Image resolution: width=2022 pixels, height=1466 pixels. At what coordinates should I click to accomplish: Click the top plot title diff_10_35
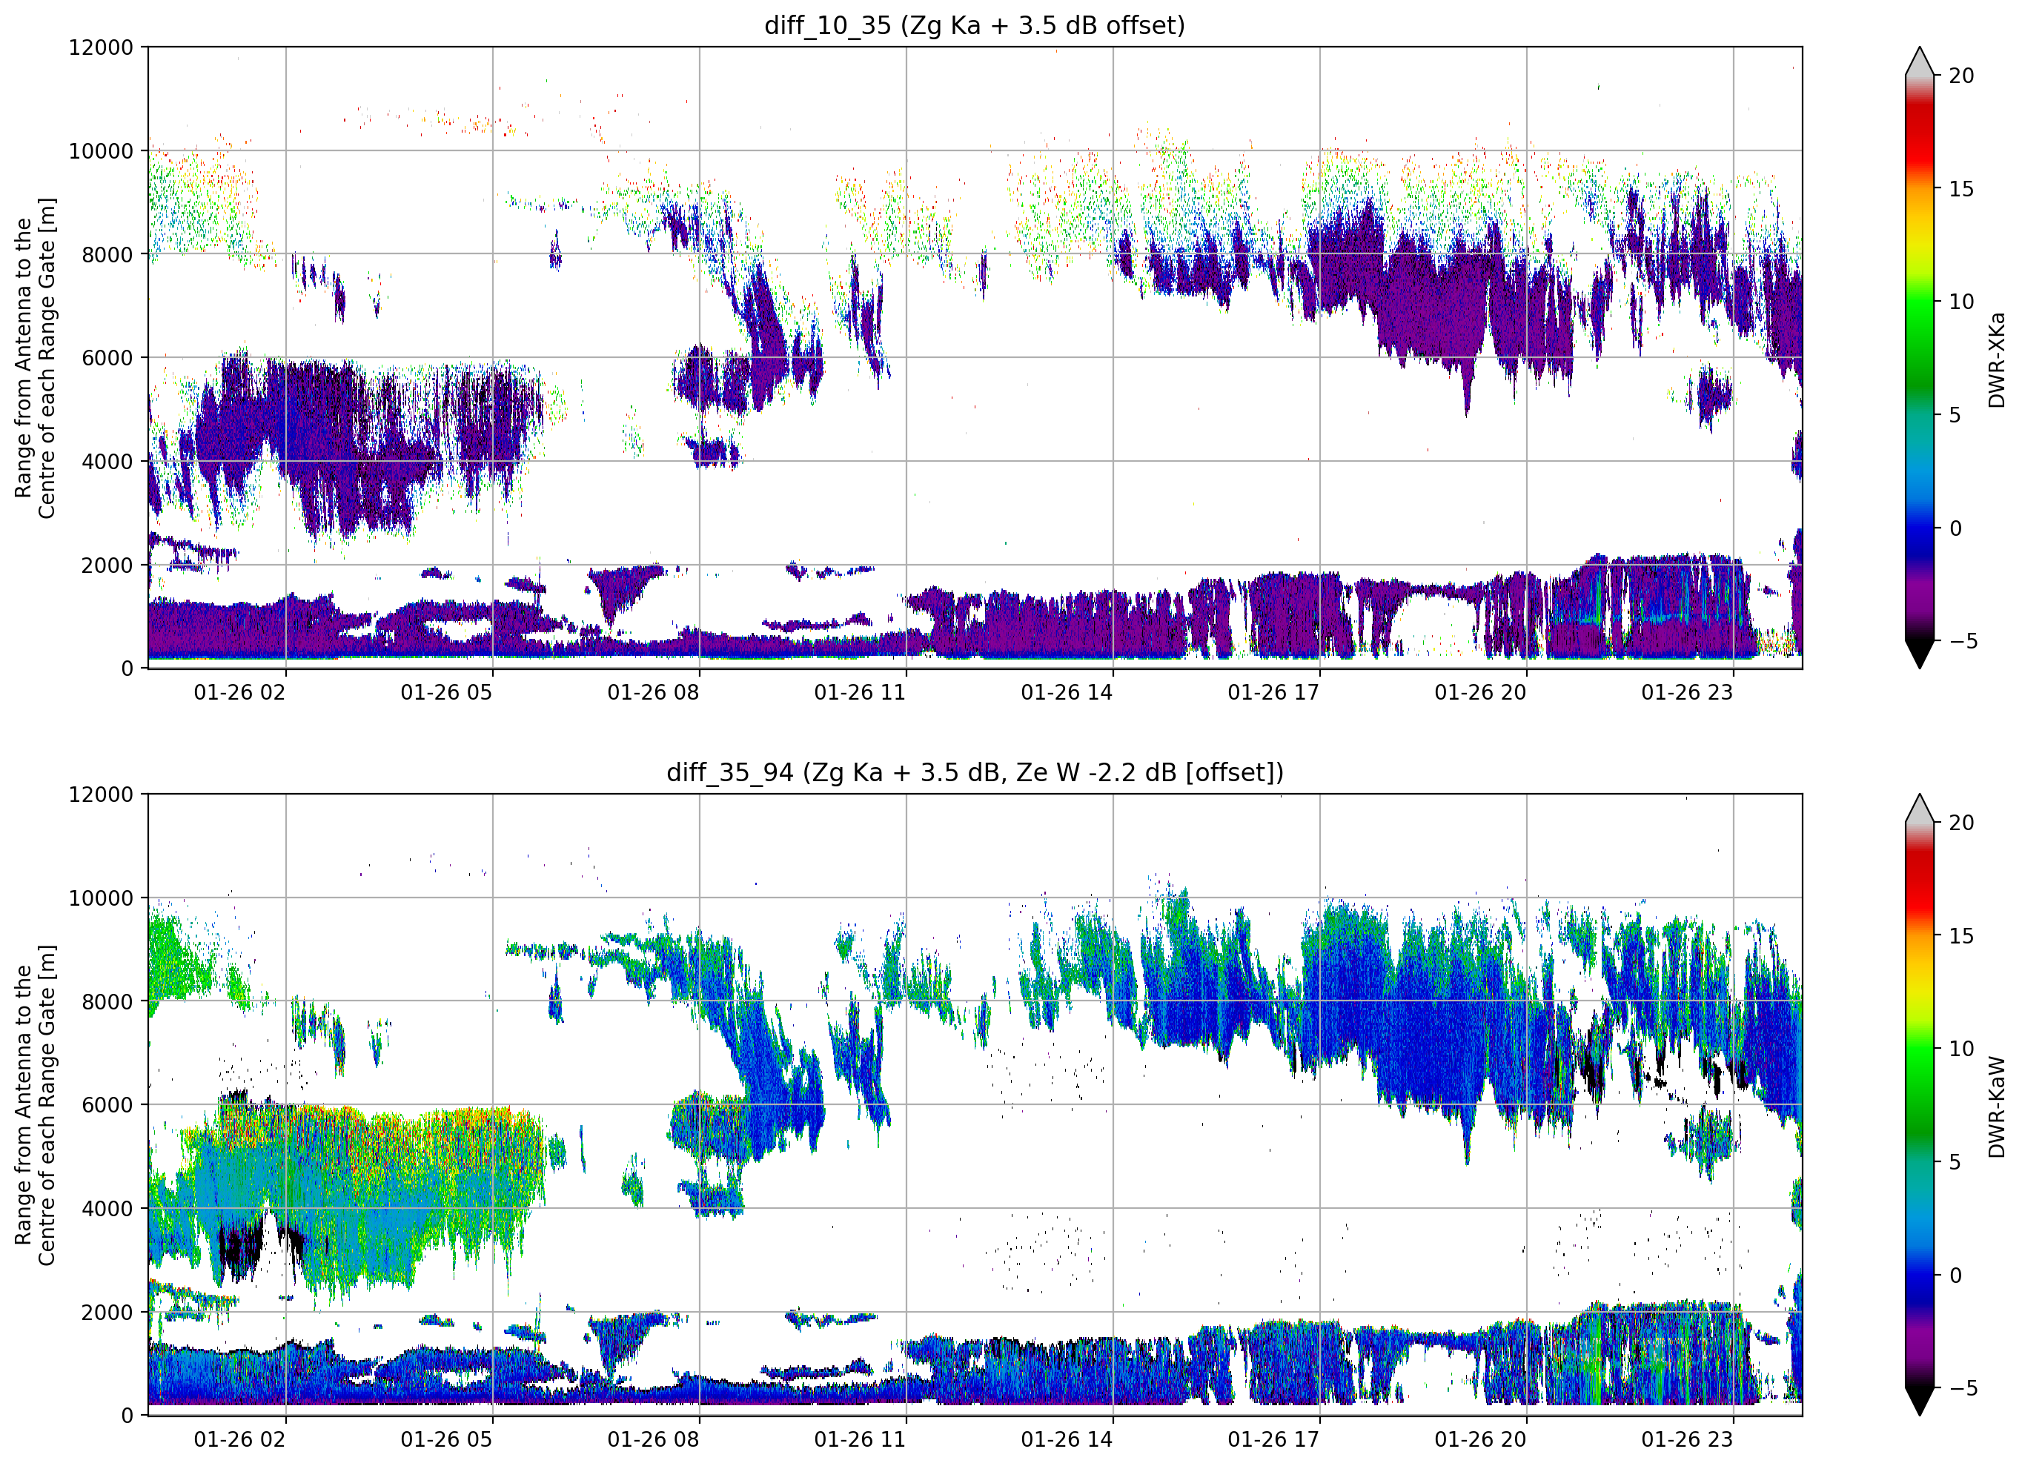point(827,26)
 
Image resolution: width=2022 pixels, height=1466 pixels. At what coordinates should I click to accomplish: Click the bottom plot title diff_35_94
point(729,772)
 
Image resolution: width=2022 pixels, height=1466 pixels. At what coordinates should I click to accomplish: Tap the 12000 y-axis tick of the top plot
point(101,47)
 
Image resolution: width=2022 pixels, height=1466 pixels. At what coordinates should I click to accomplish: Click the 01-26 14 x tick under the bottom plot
point(1067,1439)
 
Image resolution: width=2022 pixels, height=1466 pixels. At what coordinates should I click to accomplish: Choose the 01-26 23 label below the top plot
point(1687,693)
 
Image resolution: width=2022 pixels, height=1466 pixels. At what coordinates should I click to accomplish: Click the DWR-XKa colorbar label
point(1997,359)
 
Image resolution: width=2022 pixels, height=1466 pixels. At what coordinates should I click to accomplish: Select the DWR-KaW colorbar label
point(1997,1107)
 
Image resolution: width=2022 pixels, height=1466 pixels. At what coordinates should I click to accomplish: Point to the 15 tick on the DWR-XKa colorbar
point(1960,189)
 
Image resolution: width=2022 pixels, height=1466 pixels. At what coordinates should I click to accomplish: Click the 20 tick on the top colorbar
point(1960,76)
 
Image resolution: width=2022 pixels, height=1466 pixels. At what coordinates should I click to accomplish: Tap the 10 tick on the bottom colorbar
point(1960,1049)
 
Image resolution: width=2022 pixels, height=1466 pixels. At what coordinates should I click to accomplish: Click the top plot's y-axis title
point(35,357)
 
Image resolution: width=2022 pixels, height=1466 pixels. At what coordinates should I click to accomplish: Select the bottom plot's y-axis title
point(35,1105)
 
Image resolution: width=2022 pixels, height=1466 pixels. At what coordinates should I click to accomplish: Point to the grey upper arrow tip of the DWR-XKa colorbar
point(1920,48)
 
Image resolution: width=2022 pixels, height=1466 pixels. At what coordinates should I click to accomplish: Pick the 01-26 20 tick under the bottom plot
point(1480,1439)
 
